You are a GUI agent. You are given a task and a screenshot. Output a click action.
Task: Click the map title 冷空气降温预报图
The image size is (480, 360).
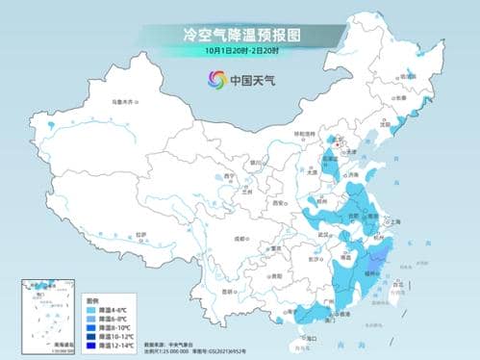[240, 34]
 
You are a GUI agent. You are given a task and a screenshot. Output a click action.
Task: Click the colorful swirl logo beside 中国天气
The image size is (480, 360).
[211, 80]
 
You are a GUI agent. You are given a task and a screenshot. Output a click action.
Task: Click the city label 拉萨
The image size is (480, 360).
[141, 233]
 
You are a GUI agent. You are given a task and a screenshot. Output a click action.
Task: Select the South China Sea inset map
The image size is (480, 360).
[51, 307]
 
